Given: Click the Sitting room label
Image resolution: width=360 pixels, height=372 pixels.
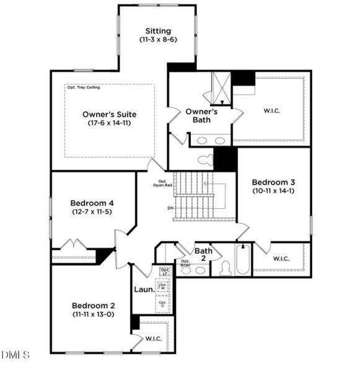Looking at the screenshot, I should (158, 31).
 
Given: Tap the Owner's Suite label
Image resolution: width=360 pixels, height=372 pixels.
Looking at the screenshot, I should (110, 114).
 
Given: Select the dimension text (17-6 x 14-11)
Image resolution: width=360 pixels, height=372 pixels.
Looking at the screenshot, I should (110, 123).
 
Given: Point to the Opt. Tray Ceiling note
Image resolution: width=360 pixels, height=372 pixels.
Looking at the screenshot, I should (83, 87).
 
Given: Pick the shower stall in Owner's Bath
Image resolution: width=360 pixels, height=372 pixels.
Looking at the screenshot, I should (221, 87).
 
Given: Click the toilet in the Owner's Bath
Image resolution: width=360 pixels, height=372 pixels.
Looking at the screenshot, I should (205, 159).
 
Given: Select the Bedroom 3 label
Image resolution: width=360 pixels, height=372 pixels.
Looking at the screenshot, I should (273, 182).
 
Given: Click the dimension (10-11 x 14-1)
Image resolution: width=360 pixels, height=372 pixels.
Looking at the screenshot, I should (273, 192).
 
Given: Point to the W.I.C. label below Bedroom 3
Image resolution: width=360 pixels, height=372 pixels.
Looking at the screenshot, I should (283, 258).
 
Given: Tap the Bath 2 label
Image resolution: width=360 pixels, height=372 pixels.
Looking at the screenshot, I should (203, 255).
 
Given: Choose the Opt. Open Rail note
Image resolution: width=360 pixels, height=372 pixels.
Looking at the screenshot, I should (163, 183).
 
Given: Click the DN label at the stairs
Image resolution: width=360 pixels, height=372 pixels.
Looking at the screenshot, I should (170, 208).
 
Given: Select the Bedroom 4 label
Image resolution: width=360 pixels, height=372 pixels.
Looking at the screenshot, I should (92, 203).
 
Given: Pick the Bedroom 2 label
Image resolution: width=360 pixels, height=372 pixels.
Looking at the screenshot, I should (93, 305).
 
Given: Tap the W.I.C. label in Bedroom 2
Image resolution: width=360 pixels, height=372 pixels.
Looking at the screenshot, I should (154, 339).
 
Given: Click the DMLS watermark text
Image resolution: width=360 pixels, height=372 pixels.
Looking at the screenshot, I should (15, 355).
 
